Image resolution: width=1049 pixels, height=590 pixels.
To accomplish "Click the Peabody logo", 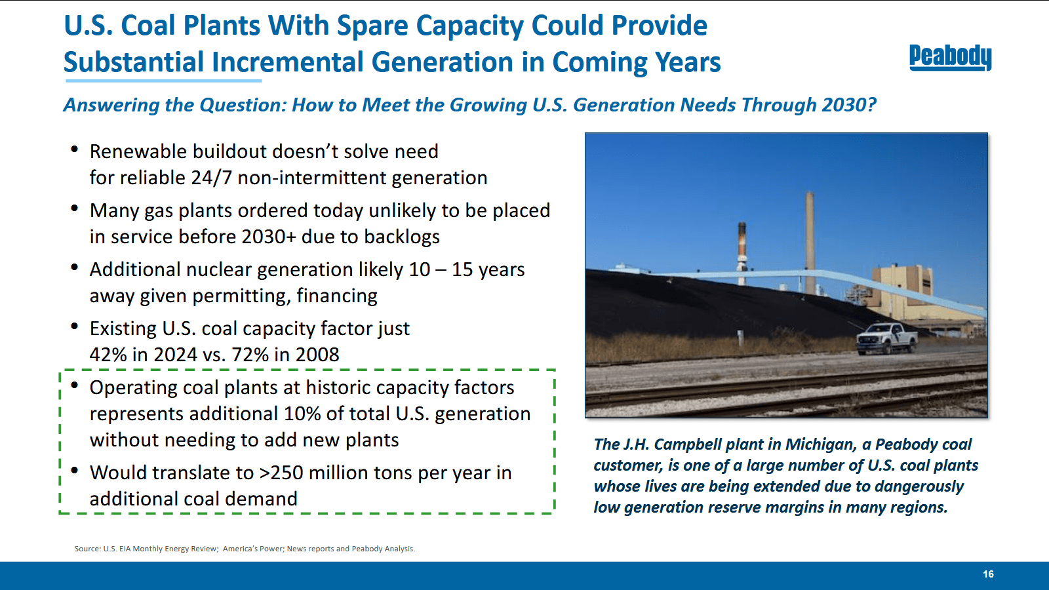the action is (x=950, y=58).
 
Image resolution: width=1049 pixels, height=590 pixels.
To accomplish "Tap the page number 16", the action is (x=988, y=574).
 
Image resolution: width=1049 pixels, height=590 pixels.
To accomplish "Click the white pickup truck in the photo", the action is (x=886, y=338).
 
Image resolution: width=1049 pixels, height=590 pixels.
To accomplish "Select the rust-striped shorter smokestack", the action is (x=742, y=253).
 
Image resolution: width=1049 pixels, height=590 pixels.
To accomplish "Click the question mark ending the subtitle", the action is (x=871, y=104).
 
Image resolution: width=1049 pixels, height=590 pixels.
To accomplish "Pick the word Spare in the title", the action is (x=372, y=26).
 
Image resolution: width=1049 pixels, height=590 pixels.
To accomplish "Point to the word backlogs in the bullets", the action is (x=403, y=237).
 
